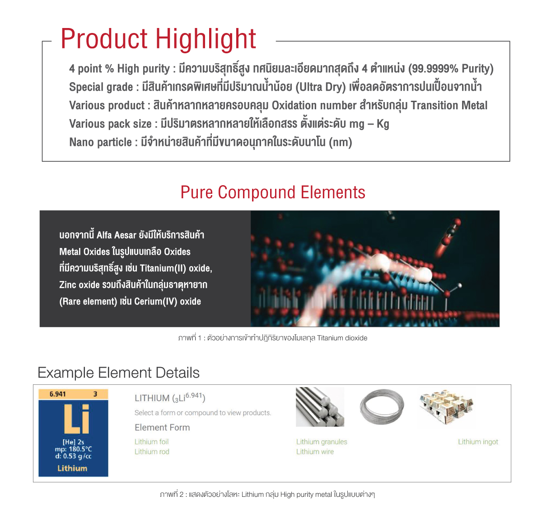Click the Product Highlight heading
click(159, 39)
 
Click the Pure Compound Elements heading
click(272, 192)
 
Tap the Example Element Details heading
click(118, 373)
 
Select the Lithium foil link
click(151, 442)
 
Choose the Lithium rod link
click(152, 452)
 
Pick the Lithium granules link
click(322, 442)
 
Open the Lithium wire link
click(315, 452)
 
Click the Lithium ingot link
click(478, 442)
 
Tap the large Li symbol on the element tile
click(76, 419)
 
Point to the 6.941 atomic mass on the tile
click(58, 394)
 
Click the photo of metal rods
click(320, 407)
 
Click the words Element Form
click(162, 427)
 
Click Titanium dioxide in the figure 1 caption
click(342, 338)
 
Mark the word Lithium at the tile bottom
click(72, 468)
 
